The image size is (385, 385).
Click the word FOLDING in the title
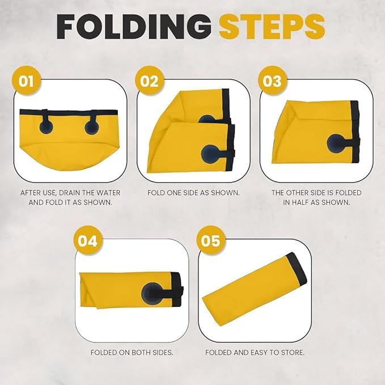coord(134,27)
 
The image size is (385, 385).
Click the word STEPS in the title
coord(272,27)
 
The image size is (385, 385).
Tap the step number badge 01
coord(26,81)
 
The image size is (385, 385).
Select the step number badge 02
coord(149,81)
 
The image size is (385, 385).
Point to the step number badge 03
coord(272,81)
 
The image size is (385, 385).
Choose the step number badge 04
coord(88,241)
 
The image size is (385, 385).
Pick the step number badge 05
coord(211,241)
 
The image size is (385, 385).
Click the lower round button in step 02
coord(210,154)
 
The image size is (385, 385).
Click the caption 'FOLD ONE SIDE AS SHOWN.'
coord(193,193)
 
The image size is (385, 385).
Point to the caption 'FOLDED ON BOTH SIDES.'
coord(132,353)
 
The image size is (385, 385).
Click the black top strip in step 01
coord(68,112)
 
